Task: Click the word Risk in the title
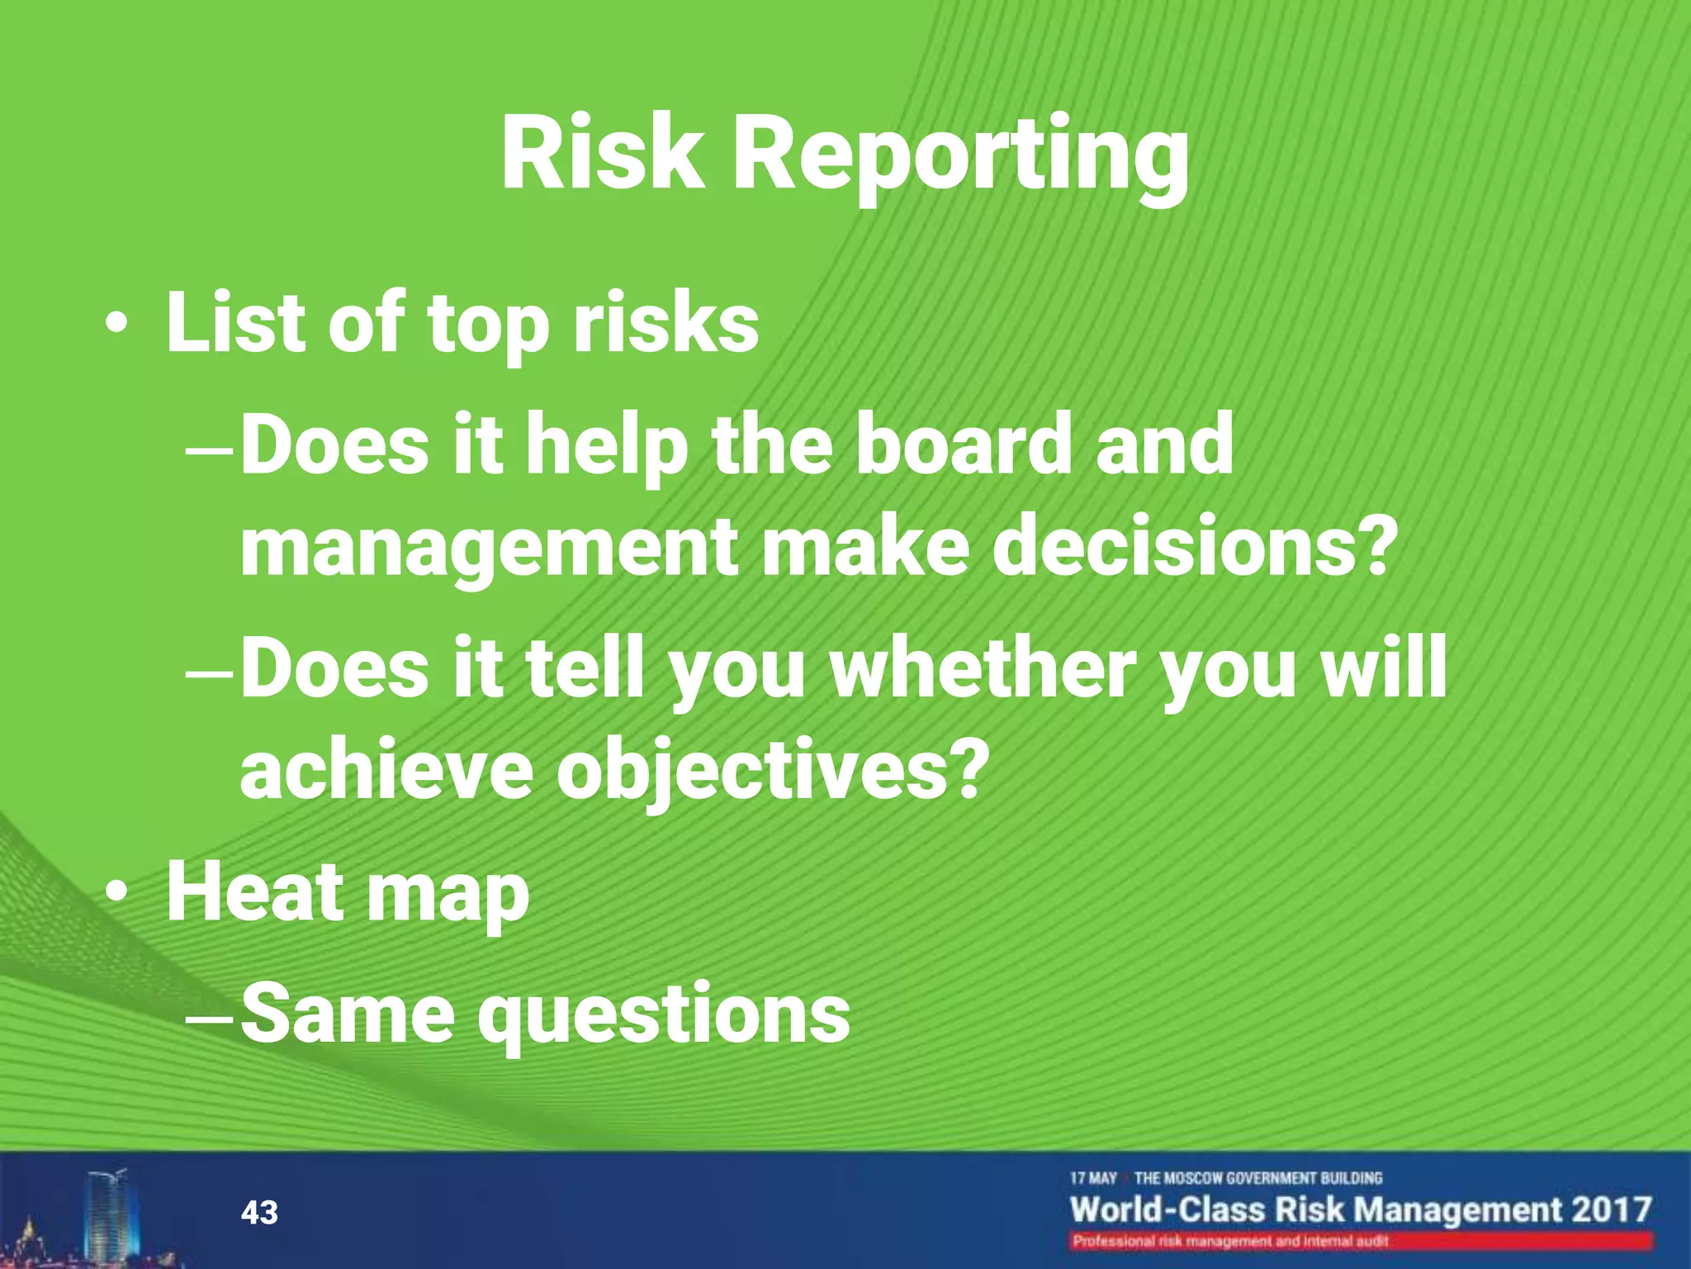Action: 603,155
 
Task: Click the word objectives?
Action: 773,770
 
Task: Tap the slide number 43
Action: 259,1213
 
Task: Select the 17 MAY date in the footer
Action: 1093,1178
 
